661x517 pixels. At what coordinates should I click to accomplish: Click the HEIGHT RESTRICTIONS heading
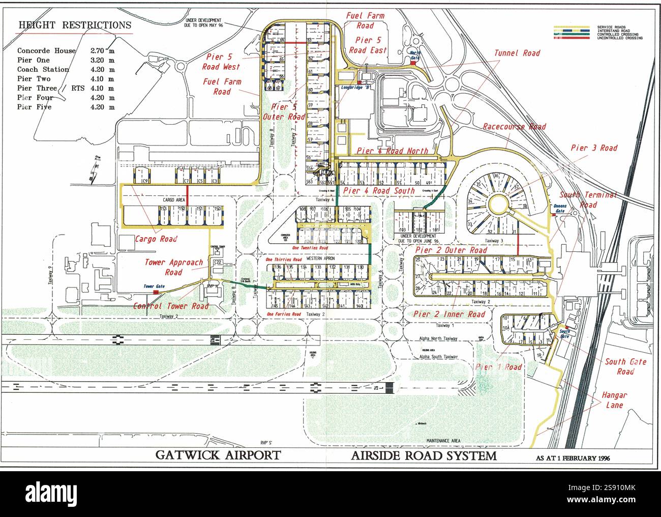(75, 25)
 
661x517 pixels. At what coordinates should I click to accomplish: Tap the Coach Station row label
(43, 70)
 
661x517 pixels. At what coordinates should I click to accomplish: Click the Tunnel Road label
(517, 53)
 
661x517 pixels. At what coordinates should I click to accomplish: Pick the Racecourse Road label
(514, 127)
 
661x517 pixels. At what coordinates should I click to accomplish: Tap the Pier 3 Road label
(594, 148)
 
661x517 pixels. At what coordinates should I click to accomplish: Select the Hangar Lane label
(614, 400)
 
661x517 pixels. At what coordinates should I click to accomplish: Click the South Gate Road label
(625, 366)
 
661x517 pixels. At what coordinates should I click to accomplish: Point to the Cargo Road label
(156, 239)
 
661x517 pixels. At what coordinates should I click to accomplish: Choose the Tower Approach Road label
(173, 267)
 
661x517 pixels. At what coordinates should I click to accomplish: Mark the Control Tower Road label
(171, 306)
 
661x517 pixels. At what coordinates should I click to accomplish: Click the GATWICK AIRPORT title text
(218, 454)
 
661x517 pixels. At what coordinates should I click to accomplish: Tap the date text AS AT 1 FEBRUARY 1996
(573, 458)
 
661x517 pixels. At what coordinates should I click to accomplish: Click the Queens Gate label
(560, 208)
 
